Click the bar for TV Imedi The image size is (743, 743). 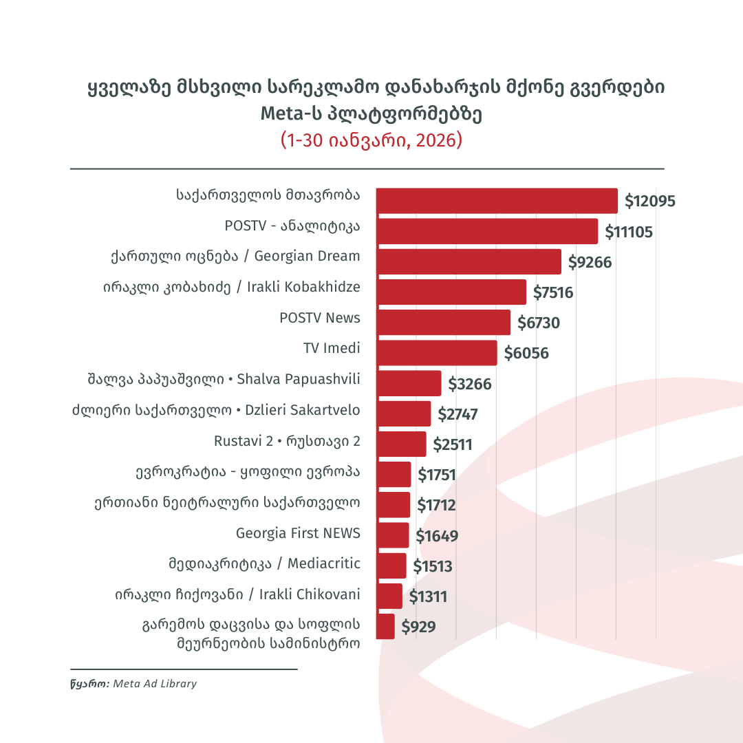click(436, 353)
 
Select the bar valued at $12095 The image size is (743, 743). click(497, 201)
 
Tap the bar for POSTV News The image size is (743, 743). click(443, 323)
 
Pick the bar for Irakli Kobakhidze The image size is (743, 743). click(451, 292)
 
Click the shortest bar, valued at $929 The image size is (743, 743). click(386, 627)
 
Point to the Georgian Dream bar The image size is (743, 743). click(469, 262)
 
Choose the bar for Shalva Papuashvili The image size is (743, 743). click(409, 383)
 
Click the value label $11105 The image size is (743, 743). click(629, 233)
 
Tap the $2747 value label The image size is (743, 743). click(457, 414)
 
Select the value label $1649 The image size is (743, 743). click(437, 536)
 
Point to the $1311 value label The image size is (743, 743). click(428, 596)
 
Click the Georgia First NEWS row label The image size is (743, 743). click(298, 533)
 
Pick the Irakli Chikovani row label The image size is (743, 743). click(237, 594)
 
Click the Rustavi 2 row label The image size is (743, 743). click(287, 441)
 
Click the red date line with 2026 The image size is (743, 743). click(371, 140)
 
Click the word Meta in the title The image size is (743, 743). click(282, 114)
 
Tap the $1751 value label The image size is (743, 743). click(437, 475)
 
